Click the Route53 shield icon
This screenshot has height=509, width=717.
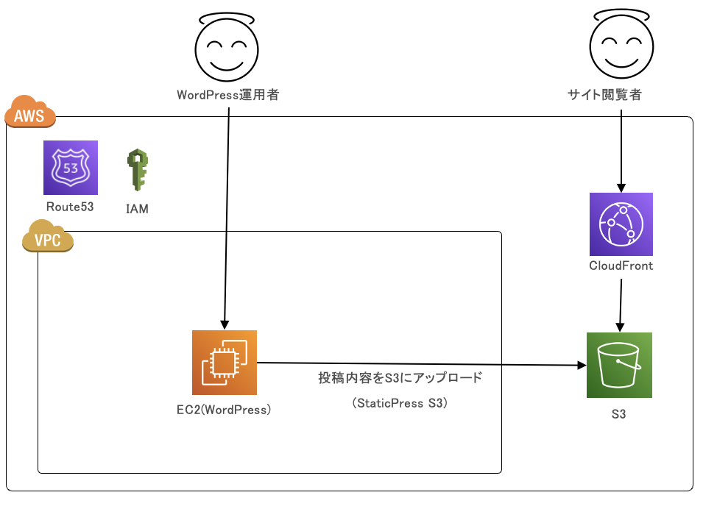pyautogui.click(x=71, y=168)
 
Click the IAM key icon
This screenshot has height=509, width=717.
pyautogui.click(x=137, y=171)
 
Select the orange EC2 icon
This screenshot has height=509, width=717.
pyautogui.click(x=225, y=363)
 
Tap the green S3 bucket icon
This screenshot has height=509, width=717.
pyautogui.click(x=619, y=365)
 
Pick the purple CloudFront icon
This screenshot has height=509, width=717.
pyautogui.click(x=621, y=224)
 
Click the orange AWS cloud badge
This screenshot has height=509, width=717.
pyautogui.click(x=30, y=114)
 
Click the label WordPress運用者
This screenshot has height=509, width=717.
pyautogui.click(x=227, y=95)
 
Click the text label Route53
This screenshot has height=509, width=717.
pyautogui.click(x=70, y=207)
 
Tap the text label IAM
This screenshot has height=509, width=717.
pyautogui.click(x=137, y=209)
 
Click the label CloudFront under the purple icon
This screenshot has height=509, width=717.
pyautogui.click(x=621, y=266)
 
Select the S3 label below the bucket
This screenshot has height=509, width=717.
pyautogui.click(x=618, y=415)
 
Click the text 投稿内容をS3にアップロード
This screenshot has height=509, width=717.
pyautogui.click(x=400, y=378)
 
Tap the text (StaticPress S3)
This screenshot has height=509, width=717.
pyautogui.click(x=400, y=403)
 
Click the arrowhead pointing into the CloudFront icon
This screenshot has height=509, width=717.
pyautogui.click(x=621, y=188)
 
